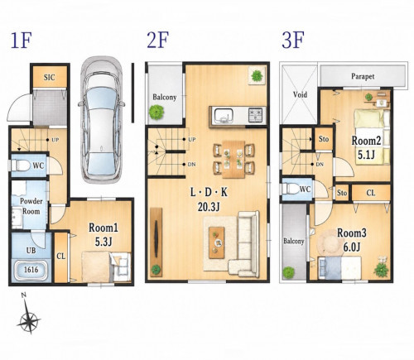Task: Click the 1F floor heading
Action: pyautogui.click(x=21, y=41)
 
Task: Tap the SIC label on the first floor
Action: pyautogui.click(x=50, y=77)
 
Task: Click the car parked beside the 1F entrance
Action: pyautogui.click(x=101, y=120)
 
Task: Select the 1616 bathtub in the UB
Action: pyautogui.click(x=31, y=270)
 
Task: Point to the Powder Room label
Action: pyautogui.click(x=31, y=206)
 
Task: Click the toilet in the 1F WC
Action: pyautogui.click(x=21, y=166)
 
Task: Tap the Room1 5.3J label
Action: pyautogui.click(x=103, y=234)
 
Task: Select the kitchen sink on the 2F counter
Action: pyautogui.click(x=224, y=115)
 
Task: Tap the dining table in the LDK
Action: pyautogui.click(x=233, y=159)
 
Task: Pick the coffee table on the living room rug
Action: pyautogui.click(x=216, y=242)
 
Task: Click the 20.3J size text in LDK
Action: pyautogui.click(x=209, y=207)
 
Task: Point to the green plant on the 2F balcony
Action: pyautogui.click(x=156, y=112)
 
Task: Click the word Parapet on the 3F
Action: pyautogui.click(x=363, y=76)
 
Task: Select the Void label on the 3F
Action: pyautogui.click(x=300, y=94)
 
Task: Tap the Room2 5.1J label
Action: pyautogui.click(x=366, y=147)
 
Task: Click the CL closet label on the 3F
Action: pyautogui.click(x=370, y=193)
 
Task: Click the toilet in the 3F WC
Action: pyautogui.click(x=291, y=190)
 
